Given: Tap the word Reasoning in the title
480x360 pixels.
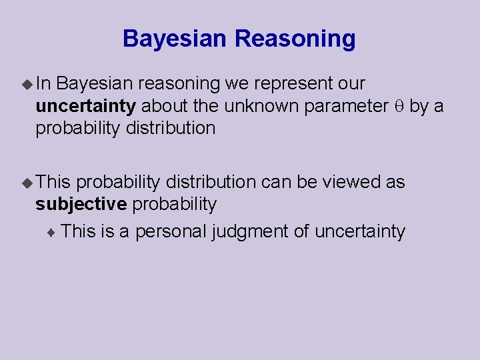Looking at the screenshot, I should (295, 39).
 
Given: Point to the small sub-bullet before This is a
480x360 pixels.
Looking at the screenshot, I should (53, 232).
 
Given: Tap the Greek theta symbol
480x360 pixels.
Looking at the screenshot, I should (399, 106).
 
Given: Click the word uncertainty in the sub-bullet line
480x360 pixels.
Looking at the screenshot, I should (359, 231).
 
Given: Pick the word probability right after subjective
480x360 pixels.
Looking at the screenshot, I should (174, 204).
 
